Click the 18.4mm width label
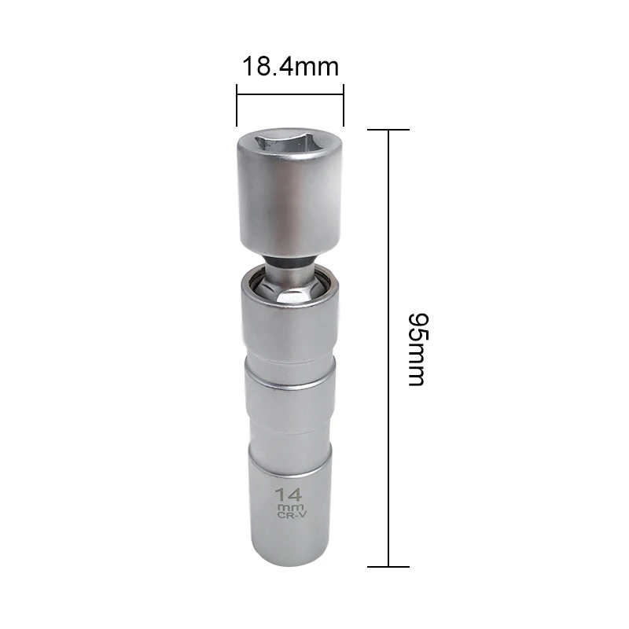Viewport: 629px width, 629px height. pos(289,66)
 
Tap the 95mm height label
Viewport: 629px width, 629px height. pos(416,348)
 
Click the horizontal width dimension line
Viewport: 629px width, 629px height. pos(290,96)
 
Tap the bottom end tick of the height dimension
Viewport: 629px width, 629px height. pos(389,566)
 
